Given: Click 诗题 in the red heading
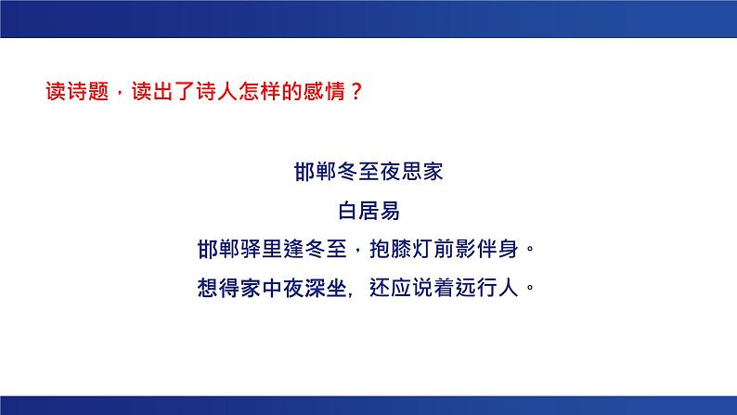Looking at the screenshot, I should coord(89,92).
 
